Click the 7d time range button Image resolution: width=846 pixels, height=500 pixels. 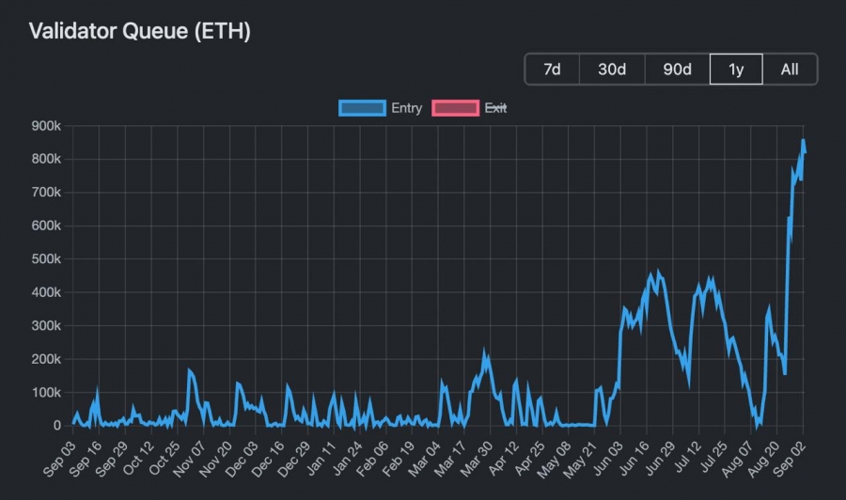(552, 70)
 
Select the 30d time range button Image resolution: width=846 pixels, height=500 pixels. (611, 70)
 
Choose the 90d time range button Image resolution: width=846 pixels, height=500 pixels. (677, 70)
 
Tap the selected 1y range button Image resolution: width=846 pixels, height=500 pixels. (736, 70)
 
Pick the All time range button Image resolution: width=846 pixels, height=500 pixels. (790, 70)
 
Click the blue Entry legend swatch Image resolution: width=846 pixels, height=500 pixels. (362, 108)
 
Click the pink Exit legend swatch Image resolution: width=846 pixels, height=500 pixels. (455, 108)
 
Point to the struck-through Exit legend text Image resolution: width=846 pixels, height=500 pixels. (495, 108)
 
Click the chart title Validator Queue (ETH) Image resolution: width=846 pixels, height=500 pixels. (139, 31)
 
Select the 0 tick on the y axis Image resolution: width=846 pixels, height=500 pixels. (57, 426)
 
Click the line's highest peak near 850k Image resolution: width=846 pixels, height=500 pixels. (803, 141)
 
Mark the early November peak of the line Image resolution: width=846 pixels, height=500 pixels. (189, 371)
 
